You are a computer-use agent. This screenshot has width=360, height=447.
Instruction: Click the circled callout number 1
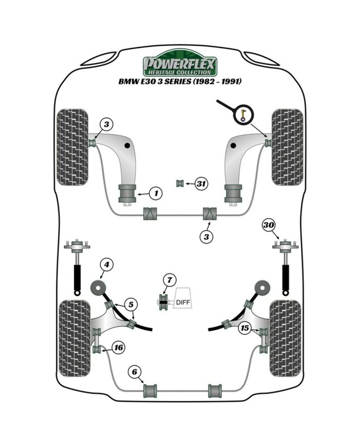tap(155, 193)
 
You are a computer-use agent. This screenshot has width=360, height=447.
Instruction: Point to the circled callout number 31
tap(202, 183)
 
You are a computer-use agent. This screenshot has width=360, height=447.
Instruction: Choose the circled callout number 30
tap(268, 224)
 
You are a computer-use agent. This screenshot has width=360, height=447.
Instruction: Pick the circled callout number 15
tap(245, 328)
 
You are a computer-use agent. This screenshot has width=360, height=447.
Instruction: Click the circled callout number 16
tap(118, 348)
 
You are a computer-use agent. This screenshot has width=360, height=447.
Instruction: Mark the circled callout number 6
tap(134, 371)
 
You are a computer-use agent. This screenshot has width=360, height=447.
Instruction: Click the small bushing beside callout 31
tap(181, 183)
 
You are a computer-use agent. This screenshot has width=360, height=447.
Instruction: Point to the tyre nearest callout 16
tap(75, 337)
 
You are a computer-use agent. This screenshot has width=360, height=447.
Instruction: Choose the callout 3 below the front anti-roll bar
tap(207, 237)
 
